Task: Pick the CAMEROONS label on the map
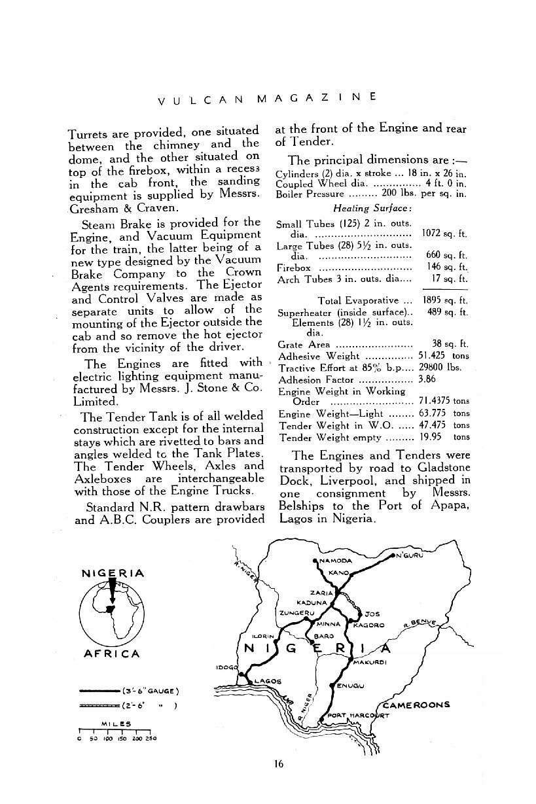[415, 705]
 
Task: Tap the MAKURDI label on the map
[371, 662]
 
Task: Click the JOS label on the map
[371, 614]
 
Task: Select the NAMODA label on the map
[336, 561]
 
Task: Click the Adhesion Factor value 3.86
[427, 379]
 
